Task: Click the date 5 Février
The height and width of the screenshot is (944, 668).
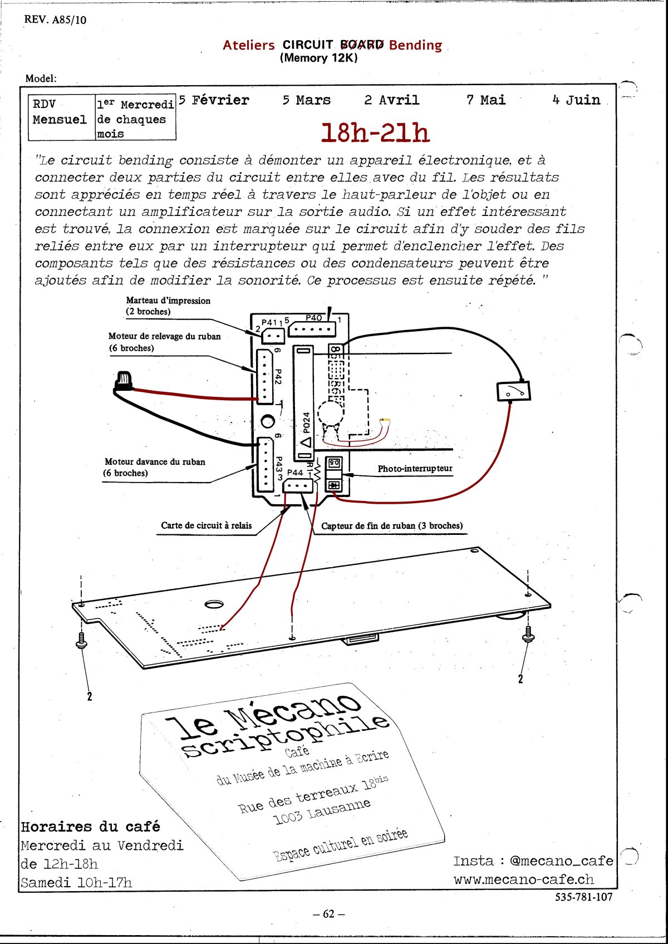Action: pyautogui.click(x=214, y=100)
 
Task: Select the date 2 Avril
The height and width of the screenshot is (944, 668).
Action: pyautogui.click(x=391, y=100)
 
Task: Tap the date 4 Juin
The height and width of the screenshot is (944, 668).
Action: pyautogui.click(x=576, y=100)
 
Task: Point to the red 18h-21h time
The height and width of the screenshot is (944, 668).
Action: pyautogui.click(x=375, y=133)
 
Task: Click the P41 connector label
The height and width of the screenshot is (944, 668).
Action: pyautogui.click(x=269, y=322)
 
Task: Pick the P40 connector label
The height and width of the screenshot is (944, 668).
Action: pyautogui.click(x=313, y=318)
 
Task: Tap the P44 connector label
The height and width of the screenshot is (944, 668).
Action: pyautogui.click(x=295, y=473)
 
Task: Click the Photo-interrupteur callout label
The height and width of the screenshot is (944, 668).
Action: pyautogui.click(x=415, y=469)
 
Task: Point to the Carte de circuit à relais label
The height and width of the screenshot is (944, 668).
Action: pyautogui.click(x=206, y=525)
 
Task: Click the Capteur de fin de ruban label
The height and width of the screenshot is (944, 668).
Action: pyautogui.click(x=391, y=525)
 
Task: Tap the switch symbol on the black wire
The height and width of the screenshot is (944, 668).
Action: pyautogui.click(x=513, y=391)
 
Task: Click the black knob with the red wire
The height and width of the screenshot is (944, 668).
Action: pyautogui.click(x=122, y=381)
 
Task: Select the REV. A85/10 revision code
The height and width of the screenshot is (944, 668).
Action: pyautogui.click(x=55, y=20)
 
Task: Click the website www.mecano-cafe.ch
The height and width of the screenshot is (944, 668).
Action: pyautogui.click(x=523, y=880)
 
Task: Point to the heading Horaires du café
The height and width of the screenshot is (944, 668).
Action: pyautogui.click(x=90, y=827)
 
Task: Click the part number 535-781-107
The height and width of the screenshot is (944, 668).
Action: pyautogui.click(x=583, y=897)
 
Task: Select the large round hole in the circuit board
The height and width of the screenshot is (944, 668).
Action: pyautogui.click(x=214, y=604)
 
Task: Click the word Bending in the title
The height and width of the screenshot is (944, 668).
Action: pyautogui.click(x=415, y=46)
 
